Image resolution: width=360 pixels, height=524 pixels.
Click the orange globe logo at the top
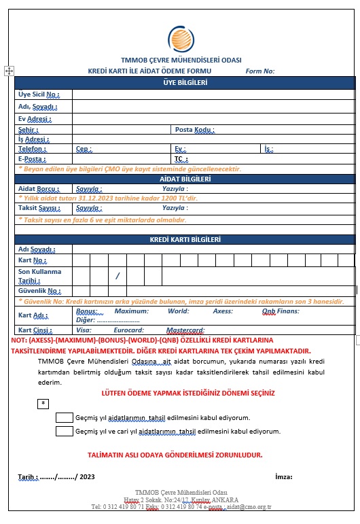181,39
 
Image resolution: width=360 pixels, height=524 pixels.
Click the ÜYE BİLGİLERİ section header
185,83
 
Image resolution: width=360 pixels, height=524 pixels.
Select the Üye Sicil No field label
39,94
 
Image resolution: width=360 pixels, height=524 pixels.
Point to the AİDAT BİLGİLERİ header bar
185,179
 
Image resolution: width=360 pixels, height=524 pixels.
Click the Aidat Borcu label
37,188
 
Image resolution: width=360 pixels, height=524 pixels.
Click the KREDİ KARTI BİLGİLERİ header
185,239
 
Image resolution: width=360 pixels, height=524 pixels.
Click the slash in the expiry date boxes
118,276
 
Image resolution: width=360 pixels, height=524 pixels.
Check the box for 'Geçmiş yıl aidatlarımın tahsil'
65,417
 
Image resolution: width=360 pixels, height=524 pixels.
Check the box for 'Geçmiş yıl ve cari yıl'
65,431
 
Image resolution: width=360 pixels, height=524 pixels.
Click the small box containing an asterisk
43,403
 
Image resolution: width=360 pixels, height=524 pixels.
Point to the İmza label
283,476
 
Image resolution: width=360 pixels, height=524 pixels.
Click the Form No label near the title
260,71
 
